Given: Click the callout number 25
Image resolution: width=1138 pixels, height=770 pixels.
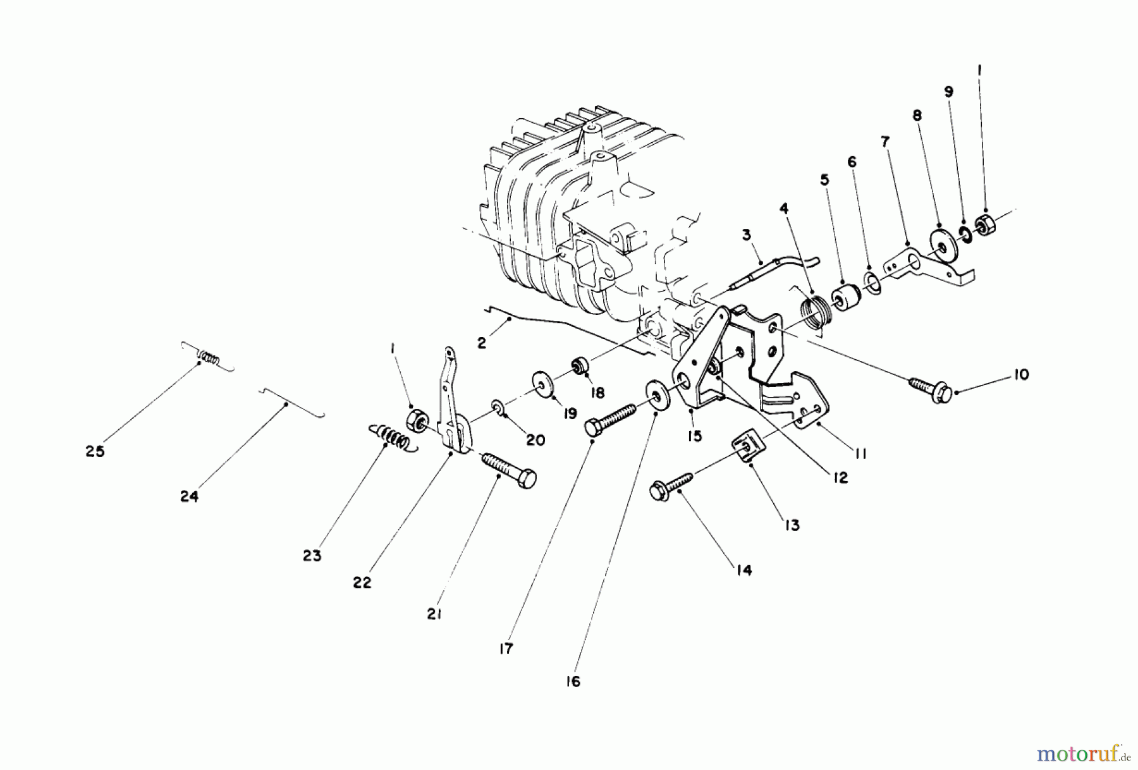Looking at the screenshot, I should [95, 452].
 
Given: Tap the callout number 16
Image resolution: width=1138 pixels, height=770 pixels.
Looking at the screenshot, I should [573, 682].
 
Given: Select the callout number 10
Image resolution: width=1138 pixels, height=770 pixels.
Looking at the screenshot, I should [1020, 374].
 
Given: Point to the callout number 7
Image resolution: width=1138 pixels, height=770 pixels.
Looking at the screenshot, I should [885, 142].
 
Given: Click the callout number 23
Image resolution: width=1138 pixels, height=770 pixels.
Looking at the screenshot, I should [312, 556].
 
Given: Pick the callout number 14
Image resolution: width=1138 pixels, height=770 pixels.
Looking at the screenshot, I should [744, 570].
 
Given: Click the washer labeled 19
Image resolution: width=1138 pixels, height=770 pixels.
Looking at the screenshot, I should [542, 385].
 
